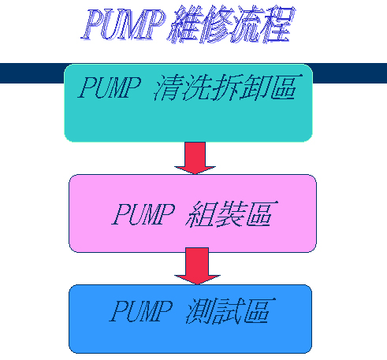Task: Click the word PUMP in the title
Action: (123, 24)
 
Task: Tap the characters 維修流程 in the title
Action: (231, 24)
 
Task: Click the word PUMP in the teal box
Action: (110, 87)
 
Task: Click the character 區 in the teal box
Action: (286, 87)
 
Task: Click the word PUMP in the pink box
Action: (143, 214)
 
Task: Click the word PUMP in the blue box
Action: (141, 310)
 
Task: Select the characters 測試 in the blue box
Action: (214, 311)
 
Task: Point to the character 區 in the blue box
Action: (259, 310)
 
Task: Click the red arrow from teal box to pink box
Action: (195, 158)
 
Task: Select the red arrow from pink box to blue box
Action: (197, 265)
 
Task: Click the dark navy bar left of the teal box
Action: (32, 73)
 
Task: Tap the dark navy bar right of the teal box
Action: (349, 73)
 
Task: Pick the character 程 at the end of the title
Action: (279, 24)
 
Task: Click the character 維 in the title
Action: (184, 24)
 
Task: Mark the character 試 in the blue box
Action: (228, 311)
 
